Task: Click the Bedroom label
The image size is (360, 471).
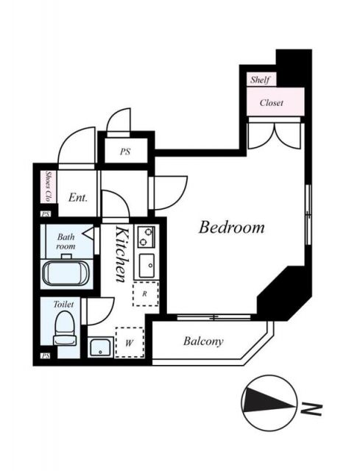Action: [231, 227]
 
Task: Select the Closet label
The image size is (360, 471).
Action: [271, 103]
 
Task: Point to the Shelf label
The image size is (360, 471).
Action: [260, 79]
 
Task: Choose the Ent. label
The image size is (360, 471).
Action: [78, 197]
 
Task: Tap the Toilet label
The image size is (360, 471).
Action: [64, 303]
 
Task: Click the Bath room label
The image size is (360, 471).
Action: [66, 241]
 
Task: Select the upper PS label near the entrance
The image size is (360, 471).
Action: [125, 152]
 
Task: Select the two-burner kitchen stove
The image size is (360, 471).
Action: [147, 237]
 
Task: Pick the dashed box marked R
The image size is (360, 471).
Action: [145, 293]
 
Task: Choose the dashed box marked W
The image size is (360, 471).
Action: [129, 341]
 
